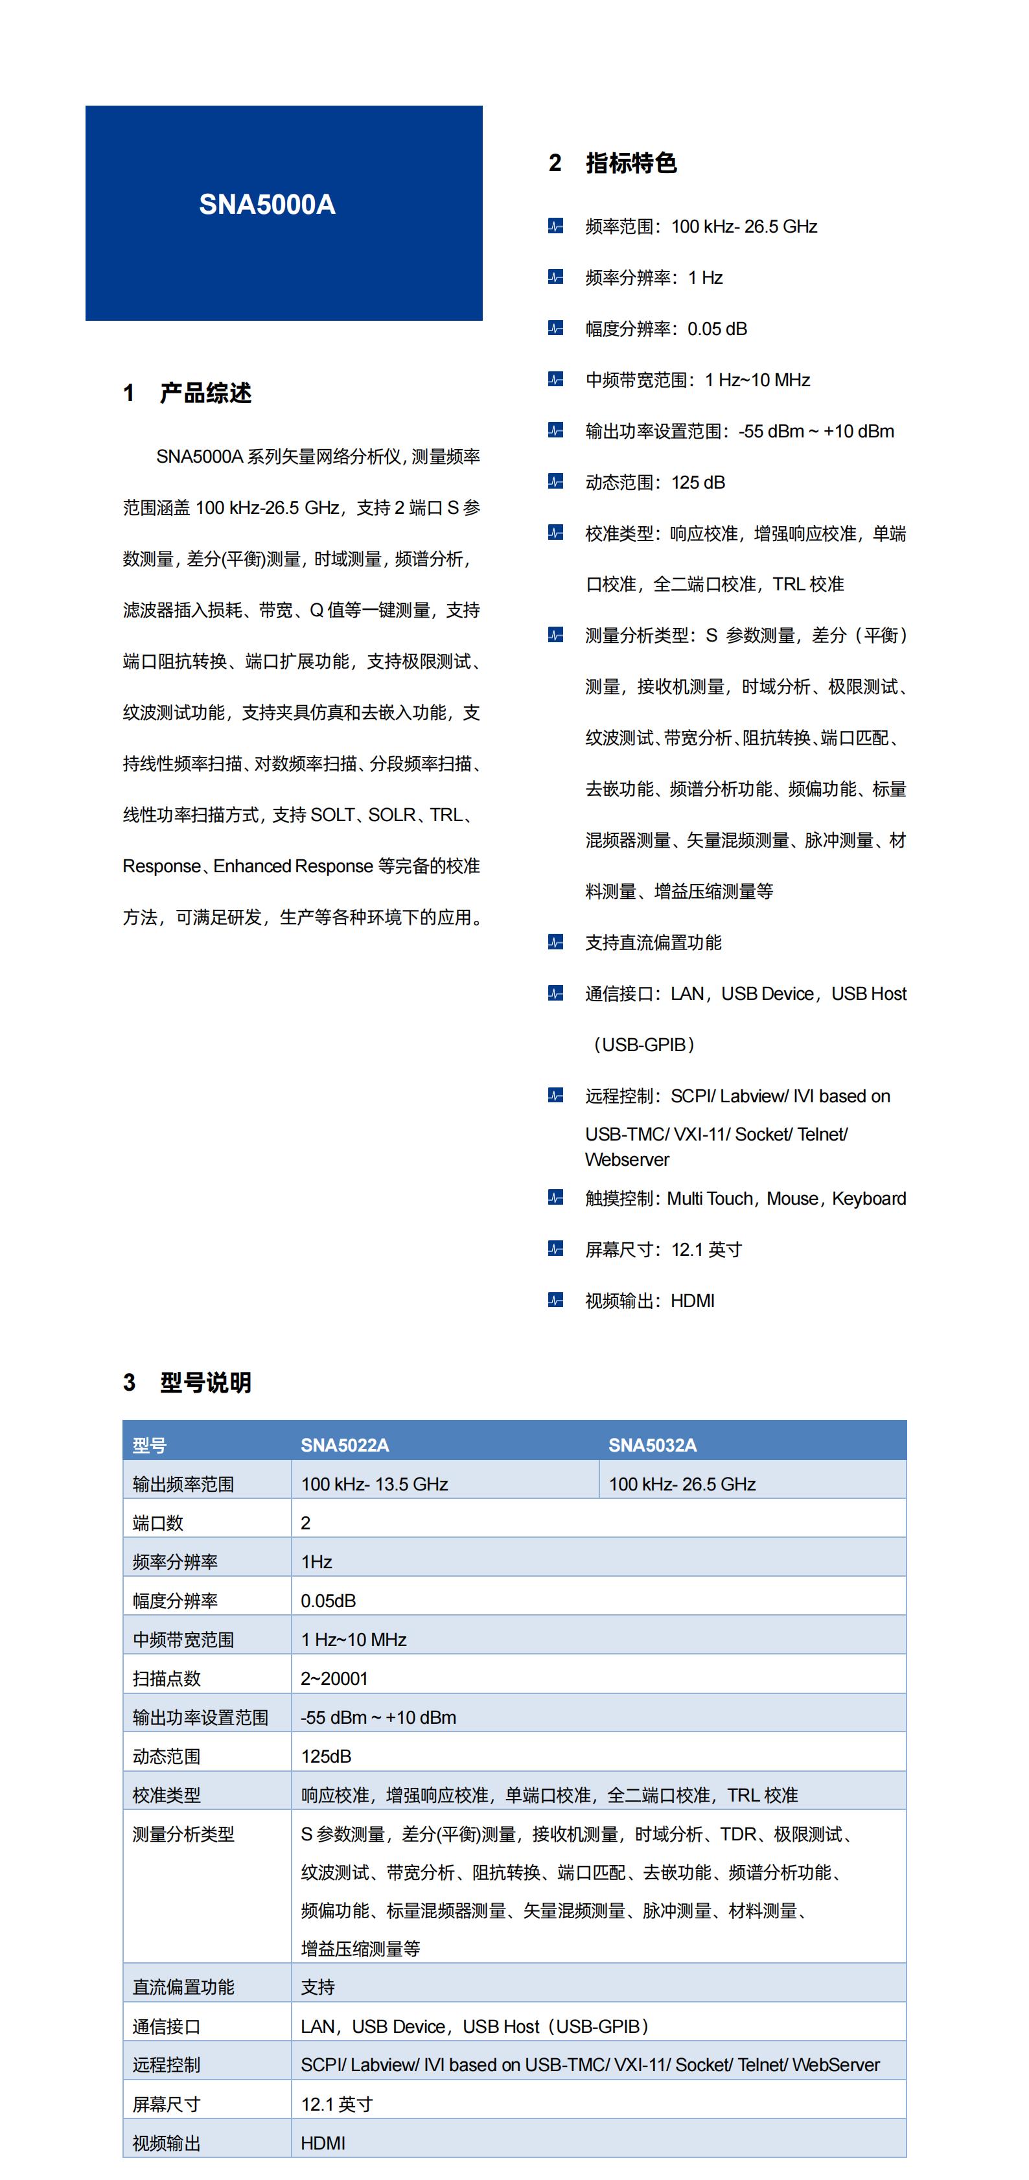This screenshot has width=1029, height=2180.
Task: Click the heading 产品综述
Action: pyautogui.click(x=205, y=393)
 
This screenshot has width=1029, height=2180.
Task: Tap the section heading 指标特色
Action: pyautogui.click(x=630, y=163)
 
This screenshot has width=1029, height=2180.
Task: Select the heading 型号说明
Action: pyautogui.click(x=205, y=1383)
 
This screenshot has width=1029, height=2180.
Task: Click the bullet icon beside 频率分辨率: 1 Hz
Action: pyautogui.click(x=555, y=277)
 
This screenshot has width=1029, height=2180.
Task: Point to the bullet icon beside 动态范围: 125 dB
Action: pyautogui.click(x=555, y=482)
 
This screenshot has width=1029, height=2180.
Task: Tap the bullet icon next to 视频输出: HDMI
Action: pyautogui.click(x=555, y=1301)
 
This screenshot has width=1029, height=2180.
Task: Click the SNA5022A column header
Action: pyautogui.click(x=345, y=1445)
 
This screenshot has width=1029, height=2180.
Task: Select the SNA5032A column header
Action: pyautogui.click(x=653, y=1445)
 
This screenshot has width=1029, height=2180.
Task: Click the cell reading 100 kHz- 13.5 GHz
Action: pyautogui.click(x=375, y=1485)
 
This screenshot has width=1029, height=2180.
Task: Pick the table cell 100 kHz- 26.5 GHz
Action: pyautogui.click(x=682, y=1485)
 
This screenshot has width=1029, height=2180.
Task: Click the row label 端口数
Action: pyautogui.click(x=157, y=1524)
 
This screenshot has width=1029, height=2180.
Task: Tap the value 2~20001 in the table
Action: pyautogui.click(x=334, y=1679)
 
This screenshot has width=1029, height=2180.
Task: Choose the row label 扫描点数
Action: pyautogui.click(x=167, y=1679)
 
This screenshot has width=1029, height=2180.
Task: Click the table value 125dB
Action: pyautogui.click(x=326, y=1757)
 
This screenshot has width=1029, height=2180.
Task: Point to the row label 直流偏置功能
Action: pyautogui.click(x=183, y=1987)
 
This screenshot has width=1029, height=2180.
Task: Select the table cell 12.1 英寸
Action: pyautogui.click(x=337, y=2105)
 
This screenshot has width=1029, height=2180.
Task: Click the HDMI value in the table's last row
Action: pyautogui.click(x=323, y=2144)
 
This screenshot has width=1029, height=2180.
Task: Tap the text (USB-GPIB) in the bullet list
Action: pyautogui.click(x=644, y=1045)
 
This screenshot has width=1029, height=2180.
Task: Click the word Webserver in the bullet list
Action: pyautogui.click(x=627, y=1160)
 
